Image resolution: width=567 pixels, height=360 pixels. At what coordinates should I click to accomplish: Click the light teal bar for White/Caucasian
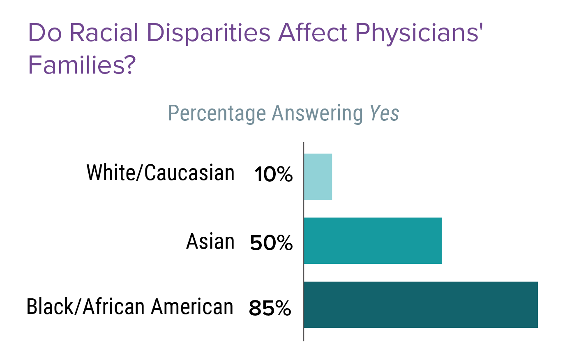(318, 177)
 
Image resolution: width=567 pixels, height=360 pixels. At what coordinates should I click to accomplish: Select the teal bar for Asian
(373, 241)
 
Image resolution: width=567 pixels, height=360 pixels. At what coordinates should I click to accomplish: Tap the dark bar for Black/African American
(421, 305)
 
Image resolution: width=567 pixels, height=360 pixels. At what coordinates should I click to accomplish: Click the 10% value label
(273, 174)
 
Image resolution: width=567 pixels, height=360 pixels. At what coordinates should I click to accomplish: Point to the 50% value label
(271, 243)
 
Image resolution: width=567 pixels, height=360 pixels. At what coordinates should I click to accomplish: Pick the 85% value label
(270, 308)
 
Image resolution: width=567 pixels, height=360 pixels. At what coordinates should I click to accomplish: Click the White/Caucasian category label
(160, 173)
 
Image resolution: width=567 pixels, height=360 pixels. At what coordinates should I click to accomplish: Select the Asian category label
(210, 241)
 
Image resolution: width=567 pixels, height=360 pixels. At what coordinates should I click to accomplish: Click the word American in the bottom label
(192, 307)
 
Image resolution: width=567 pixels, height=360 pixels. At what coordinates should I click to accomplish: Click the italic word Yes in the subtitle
(384, 113)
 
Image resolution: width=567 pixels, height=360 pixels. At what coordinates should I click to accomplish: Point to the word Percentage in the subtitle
(217, 114)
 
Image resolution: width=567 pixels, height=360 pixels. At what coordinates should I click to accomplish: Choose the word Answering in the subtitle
(317, 114)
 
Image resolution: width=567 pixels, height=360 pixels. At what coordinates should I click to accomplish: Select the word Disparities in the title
(209, 33)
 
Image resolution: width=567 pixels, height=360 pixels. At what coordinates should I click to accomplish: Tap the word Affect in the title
(312, 33)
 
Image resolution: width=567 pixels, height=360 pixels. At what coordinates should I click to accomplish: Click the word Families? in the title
(81, 65)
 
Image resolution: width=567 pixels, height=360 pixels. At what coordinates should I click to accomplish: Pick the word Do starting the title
(44, 33)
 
